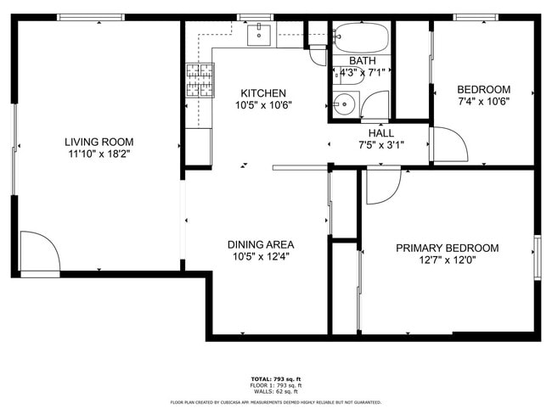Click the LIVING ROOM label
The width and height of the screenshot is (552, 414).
[99, 142]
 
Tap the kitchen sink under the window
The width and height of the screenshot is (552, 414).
[258, 36]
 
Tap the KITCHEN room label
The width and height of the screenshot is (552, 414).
[262, 93]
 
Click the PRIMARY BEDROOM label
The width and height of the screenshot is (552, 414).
[447, 248]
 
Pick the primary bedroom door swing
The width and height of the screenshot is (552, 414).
[382, 187]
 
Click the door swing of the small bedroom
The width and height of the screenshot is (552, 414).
[448, 143]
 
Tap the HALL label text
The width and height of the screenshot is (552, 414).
[380, 133]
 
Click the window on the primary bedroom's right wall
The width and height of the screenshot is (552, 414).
[536, 257]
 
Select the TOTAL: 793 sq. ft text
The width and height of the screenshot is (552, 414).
[275, 379]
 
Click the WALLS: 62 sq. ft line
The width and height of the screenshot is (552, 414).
[275, 391]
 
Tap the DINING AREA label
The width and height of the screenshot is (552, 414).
[261, 244]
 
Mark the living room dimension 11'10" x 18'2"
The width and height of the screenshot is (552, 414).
[99, 154]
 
